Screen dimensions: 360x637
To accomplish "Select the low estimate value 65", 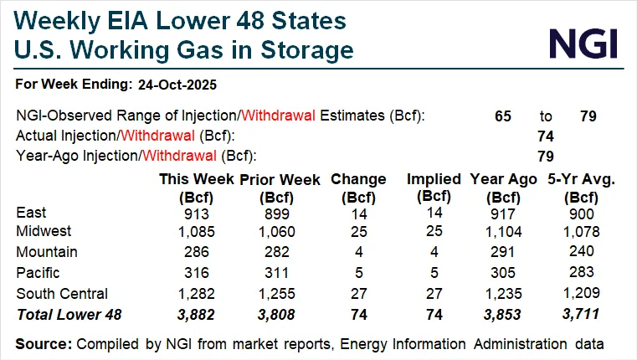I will pos(503,116).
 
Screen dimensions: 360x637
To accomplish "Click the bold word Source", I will pos(44,344).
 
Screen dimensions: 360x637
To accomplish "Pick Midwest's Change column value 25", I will pos(358,231).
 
